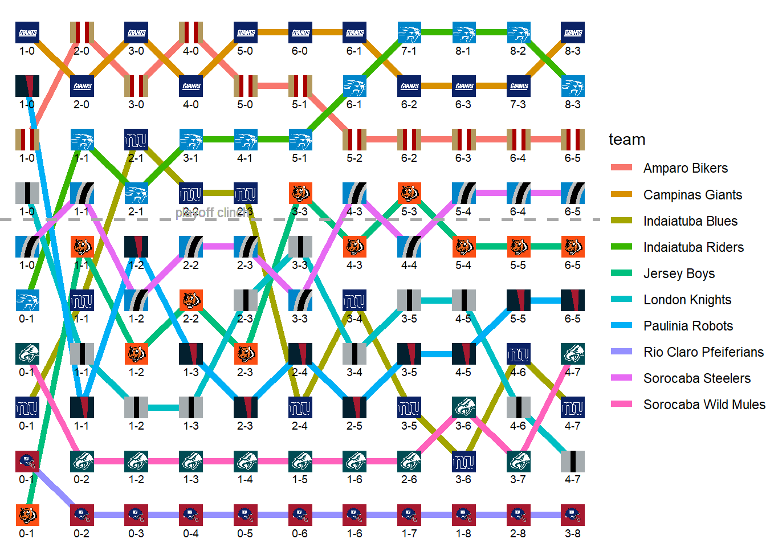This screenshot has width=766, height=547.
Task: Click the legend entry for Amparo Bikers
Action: [x=685, y=168]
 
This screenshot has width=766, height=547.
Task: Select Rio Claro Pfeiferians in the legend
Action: [x=703, y=352]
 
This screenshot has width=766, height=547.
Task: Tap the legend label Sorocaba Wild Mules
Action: [x=704, y=405]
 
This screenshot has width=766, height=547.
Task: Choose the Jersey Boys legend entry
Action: [x=678, y=273]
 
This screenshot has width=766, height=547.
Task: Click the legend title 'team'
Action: [x=627, y=140]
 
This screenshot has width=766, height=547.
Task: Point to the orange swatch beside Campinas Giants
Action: [x=621, y=194]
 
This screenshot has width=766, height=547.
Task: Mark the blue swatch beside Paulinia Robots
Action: [x=621, y=325]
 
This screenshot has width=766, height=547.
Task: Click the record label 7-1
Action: [x=409, y=51]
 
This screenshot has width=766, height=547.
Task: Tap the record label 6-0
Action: [x=300, y=51]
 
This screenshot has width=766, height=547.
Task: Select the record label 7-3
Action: [x=518, y=104]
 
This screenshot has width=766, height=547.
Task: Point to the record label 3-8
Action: [x=573, y=533]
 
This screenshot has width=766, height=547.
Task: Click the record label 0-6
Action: [x=300, y=533]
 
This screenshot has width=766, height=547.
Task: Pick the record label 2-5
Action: [x=355, y=426]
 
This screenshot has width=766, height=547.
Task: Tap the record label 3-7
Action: [x=518, y=479]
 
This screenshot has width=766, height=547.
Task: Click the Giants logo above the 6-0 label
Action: [x=300, y=32]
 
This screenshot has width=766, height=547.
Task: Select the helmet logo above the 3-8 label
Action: [x=573, y=515]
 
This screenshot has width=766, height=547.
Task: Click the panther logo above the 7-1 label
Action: [x=409, y=32]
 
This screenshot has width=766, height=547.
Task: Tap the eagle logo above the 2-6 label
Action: [x=409, y=462]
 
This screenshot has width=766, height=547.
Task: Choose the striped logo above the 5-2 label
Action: [x=355, y=140]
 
